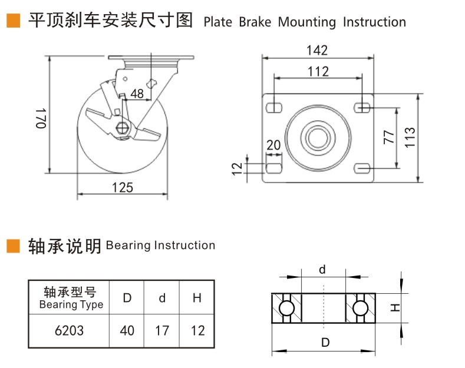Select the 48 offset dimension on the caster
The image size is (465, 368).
tap(137, 93)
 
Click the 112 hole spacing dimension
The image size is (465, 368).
tap(318, 72)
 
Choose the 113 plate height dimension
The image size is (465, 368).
tap(410, 137)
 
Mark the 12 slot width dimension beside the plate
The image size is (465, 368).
tap(238, 168)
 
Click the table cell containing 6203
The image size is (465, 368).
tap(69, 330)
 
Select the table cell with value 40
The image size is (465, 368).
tap(127, 330)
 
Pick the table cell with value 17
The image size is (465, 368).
tap(162, 330)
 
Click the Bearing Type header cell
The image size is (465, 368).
tap(70, 298)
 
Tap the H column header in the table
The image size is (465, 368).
tap(197, 298)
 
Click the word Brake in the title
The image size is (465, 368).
tap(255, 22)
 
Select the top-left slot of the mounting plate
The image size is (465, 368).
tap(273, 108)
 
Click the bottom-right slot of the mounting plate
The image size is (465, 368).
tap(363, 169)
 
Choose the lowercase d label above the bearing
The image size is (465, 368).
tap(322, 270)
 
